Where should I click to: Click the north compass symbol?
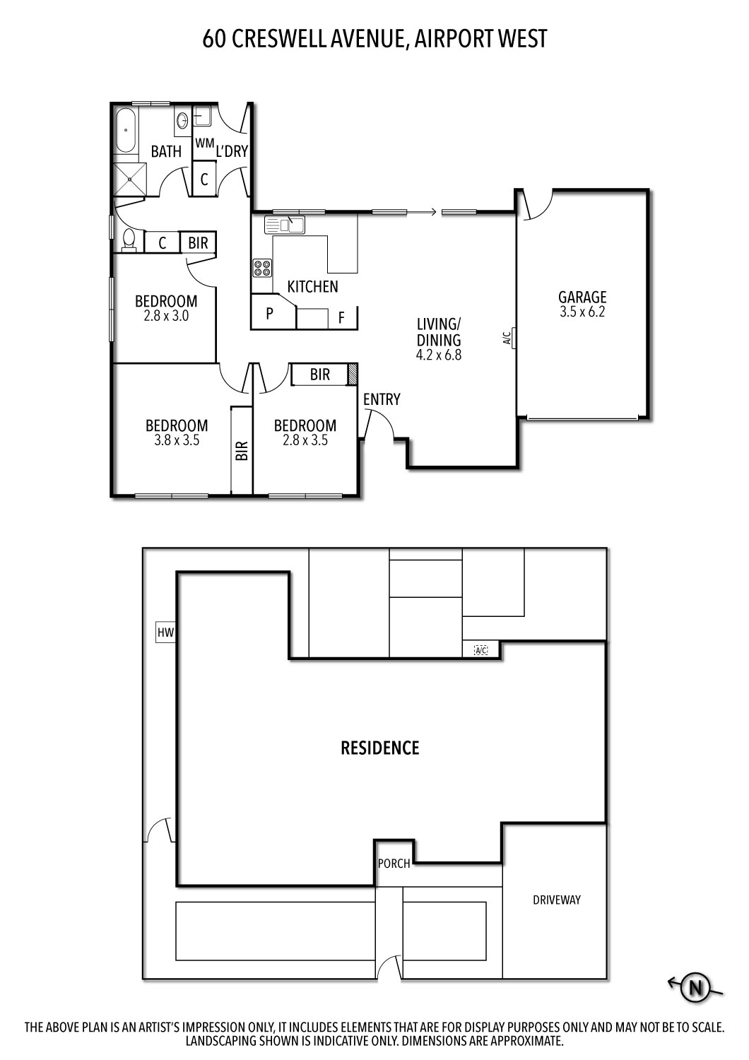coord(696,987)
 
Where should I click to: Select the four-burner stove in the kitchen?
coord(262,268)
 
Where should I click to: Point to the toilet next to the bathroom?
coord(129,240)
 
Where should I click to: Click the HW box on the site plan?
coord(165,632)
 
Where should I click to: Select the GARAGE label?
coord(582,297)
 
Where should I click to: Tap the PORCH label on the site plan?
coord(394,863)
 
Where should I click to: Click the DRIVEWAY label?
coord(556,900)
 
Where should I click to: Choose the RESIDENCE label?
coord(380,748)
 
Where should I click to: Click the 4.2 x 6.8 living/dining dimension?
coord(438,355)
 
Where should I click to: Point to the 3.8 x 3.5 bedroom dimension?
coord(177,440)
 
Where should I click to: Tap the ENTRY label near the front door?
coord(382,399)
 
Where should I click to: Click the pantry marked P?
coord(269,314)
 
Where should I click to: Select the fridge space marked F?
coord(341,318)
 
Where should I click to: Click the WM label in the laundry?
coord(204,143)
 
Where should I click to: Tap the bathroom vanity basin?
coord(182,121)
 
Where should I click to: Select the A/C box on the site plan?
coord(481,649)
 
